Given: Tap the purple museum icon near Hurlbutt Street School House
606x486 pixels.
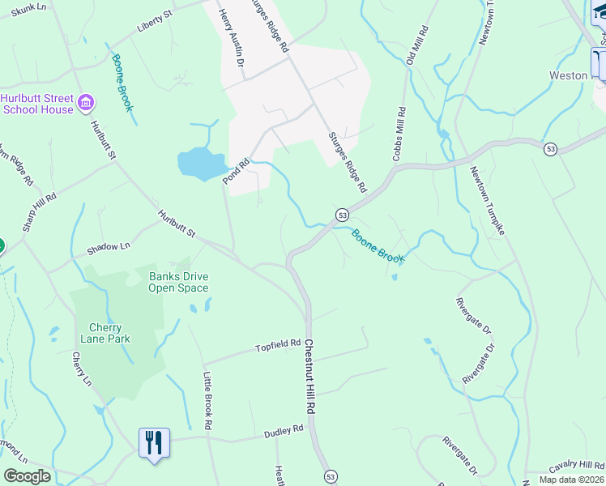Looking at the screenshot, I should [x=87, y=104].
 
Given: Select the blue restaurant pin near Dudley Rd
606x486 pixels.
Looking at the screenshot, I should [x=154, y=443].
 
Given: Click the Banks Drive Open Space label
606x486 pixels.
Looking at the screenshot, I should [x=178, y=282].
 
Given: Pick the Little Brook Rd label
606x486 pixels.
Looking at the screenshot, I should [x=207, y=400].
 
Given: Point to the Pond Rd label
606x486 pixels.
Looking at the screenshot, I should [x=236, y=171].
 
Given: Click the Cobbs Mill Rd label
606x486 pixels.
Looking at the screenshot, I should [x=398, y=134].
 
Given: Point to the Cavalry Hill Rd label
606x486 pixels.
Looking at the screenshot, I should [x=576, y=466].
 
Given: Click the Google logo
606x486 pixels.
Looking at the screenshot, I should [x=27, y=476].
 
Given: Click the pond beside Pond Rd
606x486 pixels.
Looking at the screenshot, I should [x=199, y=164].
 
